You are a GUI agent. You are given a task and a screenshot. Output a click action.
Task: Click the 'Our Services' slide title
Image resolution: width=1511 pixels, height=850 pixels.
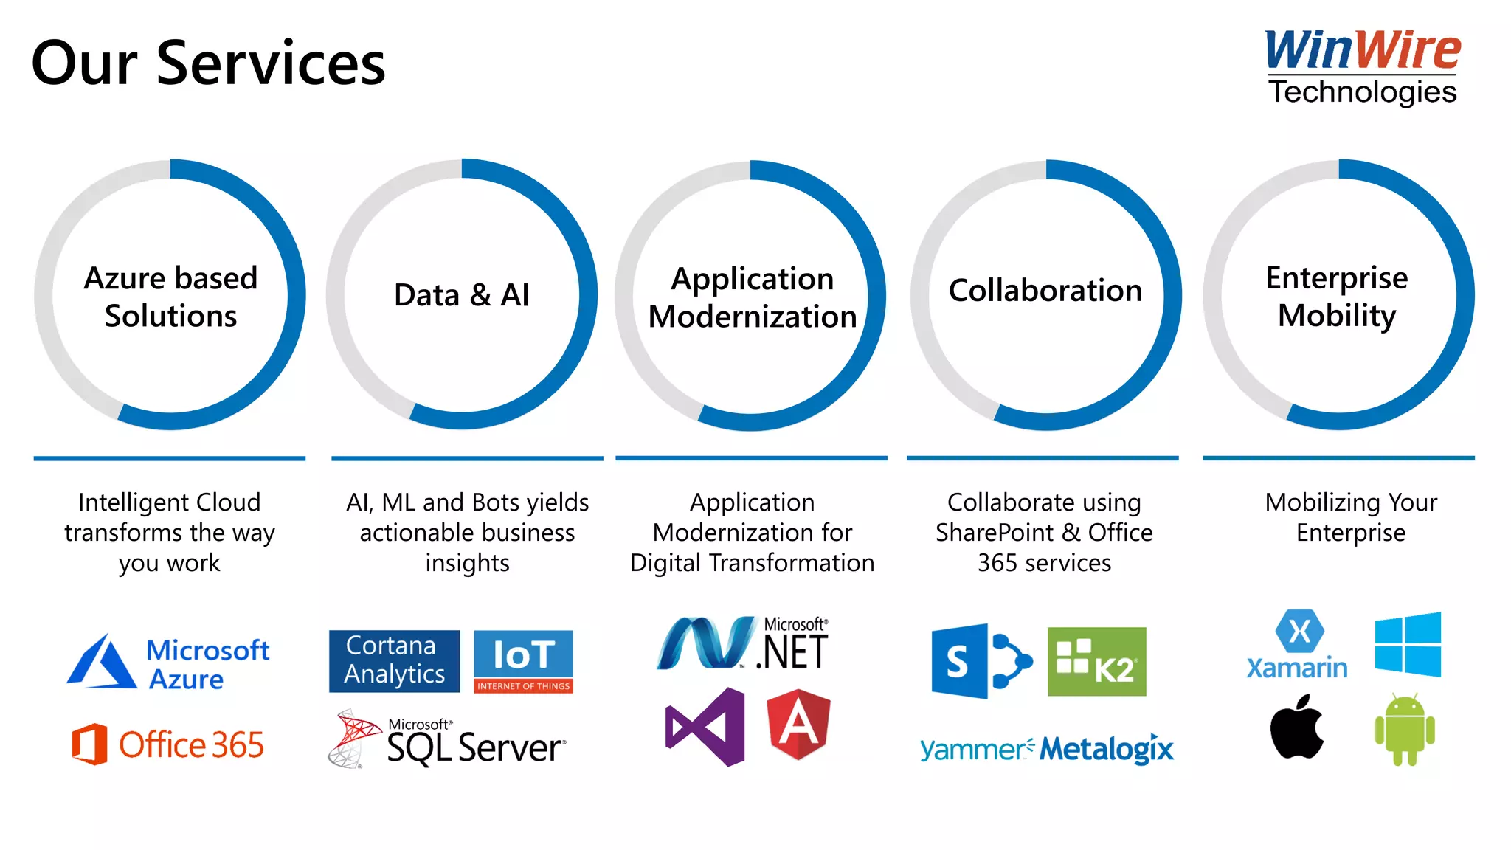(209, 63)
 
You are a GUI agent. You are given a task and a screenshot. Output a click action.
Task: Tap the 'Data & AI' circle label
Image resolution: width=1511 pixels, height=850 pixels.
(462, 295)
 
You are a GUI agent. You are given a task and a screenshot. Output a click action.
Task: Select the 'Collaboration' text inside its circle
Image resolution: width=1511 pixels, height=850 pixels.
(1045, 291)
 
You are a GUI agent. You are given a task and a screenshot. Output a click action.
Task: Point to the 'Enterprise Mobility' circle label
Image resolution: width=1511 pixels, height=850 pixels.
(1337, 297)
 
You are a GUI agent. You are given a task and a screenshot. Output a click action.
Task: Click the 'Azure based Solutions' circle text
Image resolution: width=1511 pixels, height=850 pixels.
(170, 297)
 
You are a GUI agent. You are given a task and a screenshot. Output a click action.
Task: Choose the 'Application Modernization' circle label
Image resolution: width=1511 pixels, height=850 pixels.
(752, 297)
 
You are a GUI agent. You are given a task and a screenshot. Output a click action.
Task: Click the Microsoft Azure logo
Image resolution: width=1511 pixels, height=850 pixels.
(169, 662)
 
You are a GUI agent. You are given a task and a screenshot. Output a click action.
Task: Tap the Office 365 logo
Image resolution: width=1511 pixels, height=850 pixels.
(168, 744)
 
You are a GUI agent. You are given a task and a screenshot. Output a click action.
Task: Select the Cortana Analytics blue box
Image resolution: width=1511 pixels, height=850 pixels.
(394, 660)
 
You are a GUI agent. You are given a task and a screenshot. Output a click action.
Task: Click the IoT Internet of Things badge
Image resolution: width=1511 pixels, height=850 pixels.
(523, 660)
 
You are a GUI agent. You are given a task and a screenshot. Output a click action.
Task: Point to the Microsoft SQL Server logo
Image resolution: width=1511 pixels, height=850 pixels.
(447, 740)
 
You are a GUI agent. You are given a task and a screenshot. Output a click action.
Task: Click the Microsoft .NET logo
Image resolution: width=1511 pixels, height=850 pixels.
(743, 644)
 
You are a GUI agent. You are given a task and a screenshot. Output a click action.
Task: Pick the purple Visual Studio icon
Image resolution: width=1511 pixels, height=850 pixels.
(706, 727)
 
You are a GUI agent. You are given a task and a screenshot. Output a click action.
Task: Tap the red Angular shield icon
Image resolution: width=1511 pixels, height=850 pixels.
(798, 725)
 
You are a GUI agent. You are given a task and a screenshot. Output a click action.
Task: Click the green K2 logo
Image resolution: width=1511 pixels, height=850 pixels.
(1096, 661)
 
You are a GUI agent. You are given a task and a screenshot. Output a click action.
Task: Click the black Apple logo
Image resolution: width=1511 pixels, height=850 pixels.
(1296, 728)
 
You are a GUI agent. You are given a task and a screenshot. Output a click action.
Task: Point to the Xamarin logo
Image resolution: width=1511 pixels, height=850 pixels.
(1297, 645)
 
